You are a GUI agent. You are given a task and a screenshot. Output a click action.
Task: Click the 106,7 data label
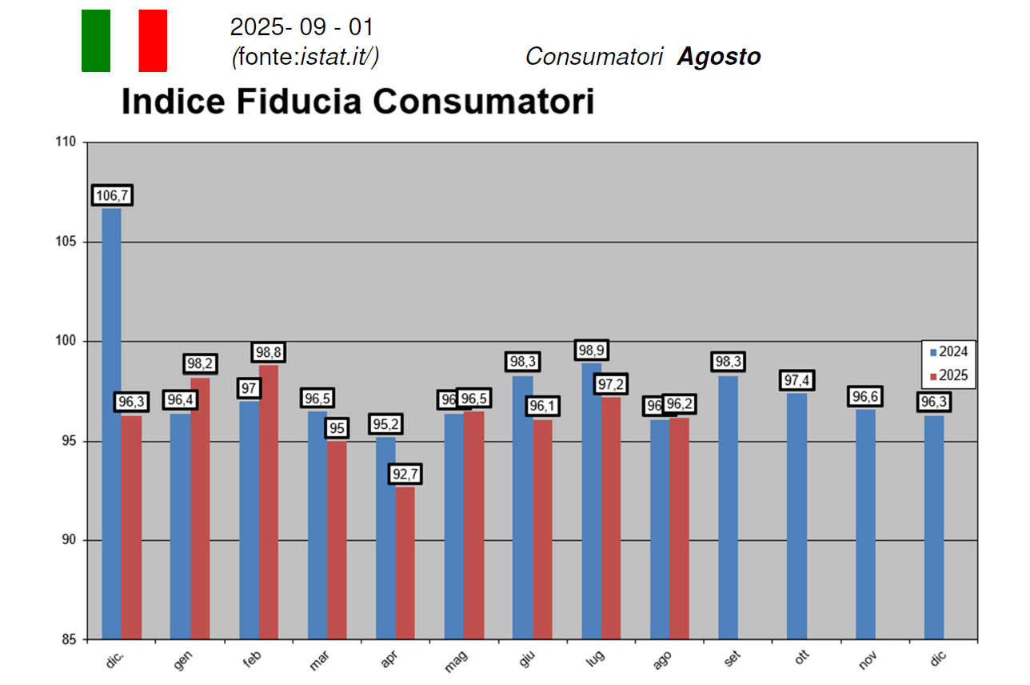(112, 195)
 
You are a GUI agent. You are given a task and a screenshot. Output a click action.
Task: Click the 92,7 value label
(405, 475)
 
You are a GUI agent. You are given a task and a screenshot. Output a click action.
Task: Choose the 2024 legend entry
(948, 351)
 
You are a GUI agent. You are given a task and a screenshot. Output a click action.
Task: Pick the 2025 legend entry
(948, 375)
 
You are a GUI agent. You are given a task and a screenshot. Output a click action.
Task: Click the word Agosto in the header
(718, 57)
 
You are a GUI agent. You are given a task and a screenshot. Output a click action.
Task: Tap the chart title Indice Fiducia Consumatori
(357, 102)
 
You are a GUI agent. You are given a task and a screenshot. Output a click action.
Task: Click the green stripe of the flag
(96, 41)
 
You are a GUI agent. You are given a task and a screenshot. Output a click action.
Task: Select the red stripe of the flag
(153, 41)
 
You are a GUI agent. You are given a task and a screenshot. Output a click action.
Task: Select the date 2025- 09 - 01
(301, 27)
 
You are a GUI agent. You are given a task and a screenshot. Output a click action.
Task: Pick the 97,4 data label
(796, 380)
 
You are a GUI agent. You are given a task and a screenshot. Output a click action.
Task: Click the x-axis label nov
(867, 658)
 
